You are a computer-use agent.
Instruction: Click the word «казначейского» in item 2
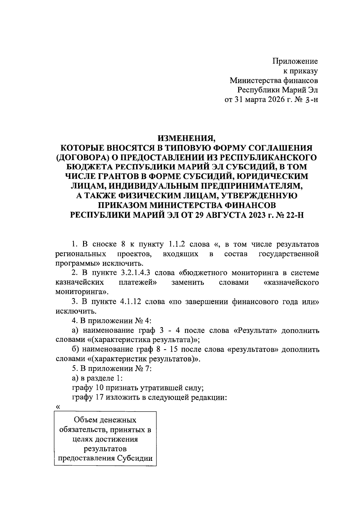(x=290, y=283)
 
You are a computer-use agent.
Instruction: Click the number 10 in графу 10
(x=100, y=388)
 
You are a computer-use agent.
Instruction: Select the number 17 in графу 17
(x=100, y=398)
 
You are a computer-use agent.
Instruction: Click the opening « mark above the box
(x=58, y=407)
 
